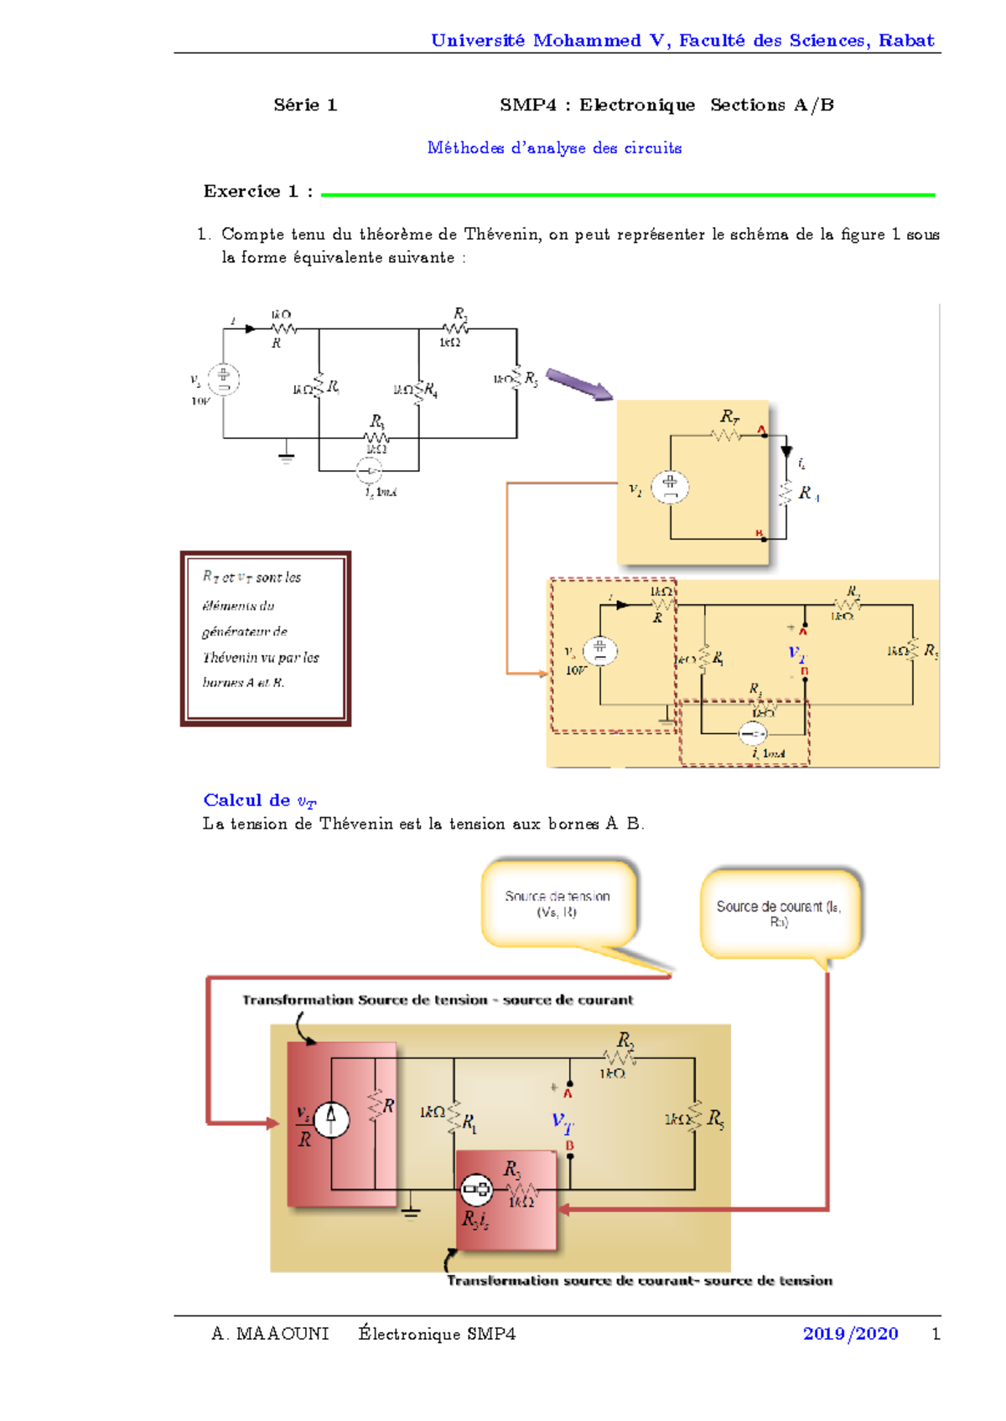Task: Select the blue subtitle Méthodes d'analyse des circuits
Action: [554, 147]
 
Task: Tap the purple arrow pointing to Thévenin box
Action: [578, 385]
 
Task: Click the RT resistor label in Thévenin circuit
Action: [729, 416]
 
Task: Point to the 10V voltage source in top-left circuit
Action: [223, 379]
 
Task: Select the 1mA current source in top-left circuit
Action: [369, 471]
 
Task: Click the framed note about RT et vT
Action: [265, 638]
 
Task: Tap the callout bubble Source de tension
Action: [558, 903]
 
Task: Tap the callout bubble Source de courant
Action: [780, 913]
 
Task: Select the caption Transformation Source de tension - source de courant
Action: [438, 1000]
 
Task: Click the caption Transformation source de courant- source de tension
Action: [639, 1280]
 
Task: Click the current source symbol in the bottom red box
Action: [331, 1119]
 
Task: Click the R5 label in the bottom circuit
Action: [715, 1119]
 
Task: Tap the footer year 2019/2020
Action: [850, 1333]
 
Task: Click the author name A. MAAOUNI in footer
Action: [270, 1333]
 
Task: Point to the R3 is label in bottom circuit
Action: [475, 1220]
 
